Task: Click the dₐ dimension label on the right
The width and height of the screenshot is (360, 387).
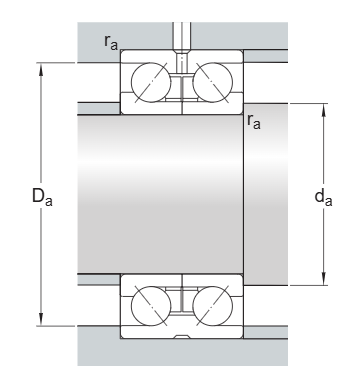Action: pyautogui.click(x=323, y=197)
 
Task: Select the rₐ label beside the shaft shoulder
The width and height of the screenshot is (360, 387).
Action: pyautogui.click(x=255, y=123)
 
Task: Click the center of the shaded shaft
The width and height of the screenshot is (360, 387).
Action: pyautogui.click(x=160, y=193)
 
